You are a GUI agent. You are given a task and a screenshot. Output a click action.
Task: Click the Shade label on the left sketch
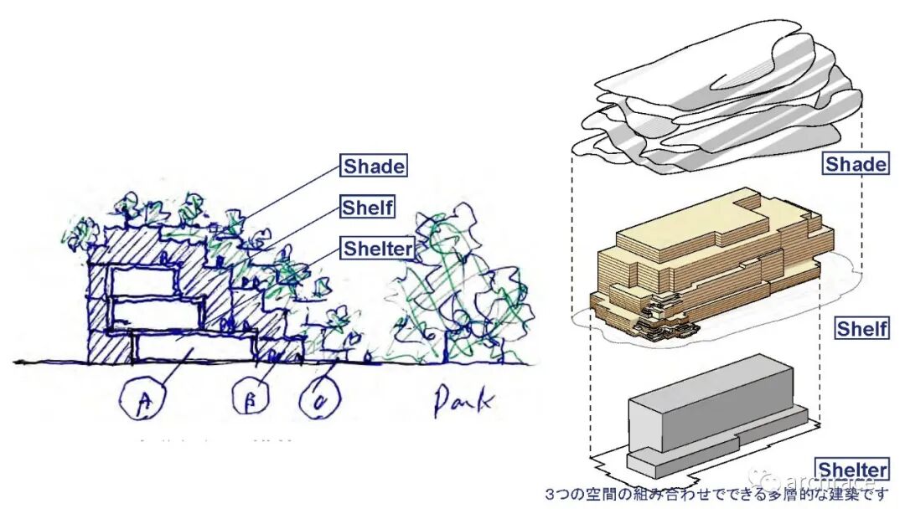[374, 166]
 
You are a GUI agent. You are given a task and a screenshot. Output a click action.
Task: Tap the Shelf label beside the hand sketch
[368, 207]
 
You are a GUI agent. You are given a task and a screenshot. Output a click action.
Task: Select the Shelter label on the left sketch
[377, 248]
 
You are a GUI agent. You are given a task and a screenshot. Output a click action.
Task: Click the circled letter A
[142, 403]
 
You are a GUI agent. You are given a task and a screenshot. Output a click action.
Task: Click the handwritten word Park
[461, 403]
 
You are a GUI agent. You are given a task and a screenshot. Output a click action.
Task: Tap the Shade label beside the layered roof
[856, 163]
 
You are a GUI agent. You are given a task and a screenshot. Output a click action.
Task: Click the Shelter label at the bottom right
[852, 469]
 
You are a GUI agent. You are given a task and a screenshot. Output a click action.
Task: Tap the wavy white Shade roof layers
[712, 100]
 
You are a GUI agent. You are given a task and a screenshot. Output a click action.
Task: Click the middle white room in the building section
[155, 313]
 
